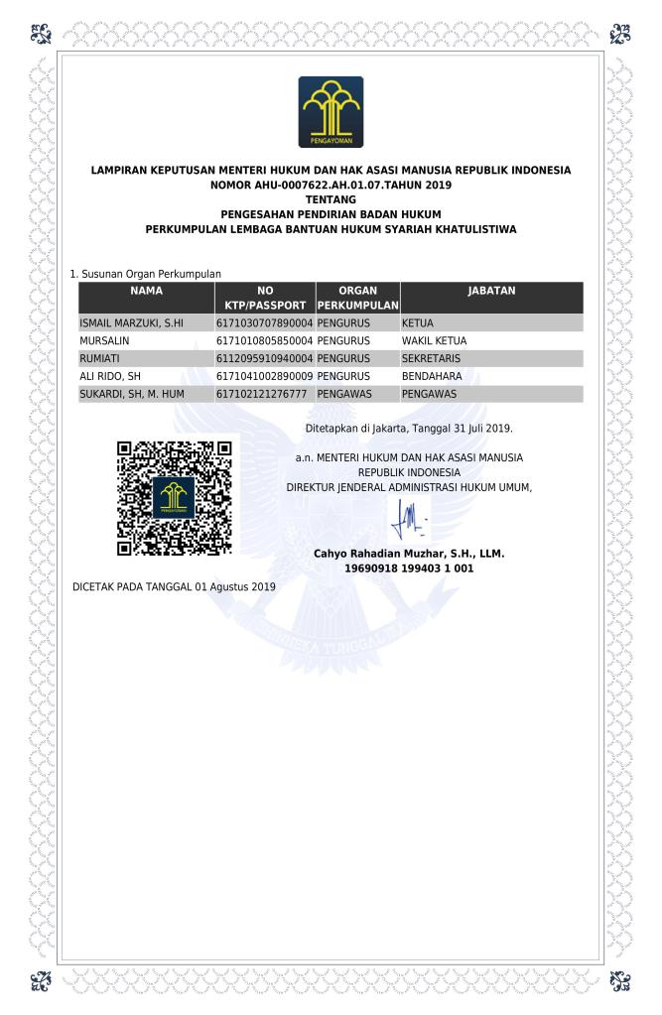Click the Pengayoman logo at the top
(x=331, y=112)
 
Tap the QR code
(x=175, y=497)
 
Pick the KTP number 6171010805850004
(x=264, y=340)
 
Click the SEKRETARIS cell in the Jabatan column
(x=426, y=358)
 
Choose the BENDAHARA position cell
(x=432, y=376)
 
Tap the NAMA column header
(x=146, y=291)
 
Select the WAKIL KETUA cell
(x=434, y=340)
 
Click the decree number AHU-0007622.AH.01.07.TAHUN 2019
(x=331, y=185)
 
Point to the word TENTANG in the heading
(x=331, y=199)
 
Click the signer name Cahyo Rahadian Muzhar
(x=408, y=554)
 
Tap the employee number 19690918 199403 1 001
(x=408, y=569)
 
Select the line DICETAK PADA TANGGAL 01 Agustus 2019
(x=175, y=587)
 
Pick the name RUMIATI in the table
(x=99, y=358)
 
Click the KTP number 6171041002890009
(x=264, y=376)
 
